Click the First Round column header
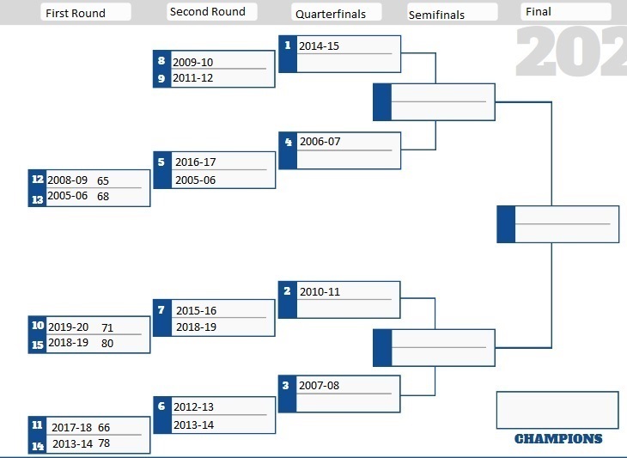coord(76,13)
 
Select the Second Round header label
coord(208,11)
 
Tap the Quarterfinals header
coord(331,15)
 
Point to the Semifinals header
coord(436,15)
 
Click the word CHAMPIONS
coord(558,439)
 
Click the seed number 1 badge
coord(288,46)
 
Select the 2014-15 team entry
coord(320,46)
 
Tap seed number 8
coord(161,60)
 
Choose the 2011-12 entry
coord(192,77)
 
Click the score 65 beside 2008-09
coord(103,180)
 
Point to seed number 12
coord(38,179)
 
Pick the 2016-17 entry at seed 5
coord(196,162)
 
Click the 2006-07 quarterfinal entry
coord(320,141)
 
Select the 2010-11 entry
coord(320,291)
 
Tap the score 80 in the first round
coord(107,343)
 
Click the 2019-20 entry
coord(69,327)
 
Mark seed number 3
coord(285,385)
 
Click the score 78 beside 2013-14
coord(104,443)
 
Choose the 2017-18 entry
coord(72,427)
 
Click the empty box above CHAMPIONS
coord(557,410)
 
